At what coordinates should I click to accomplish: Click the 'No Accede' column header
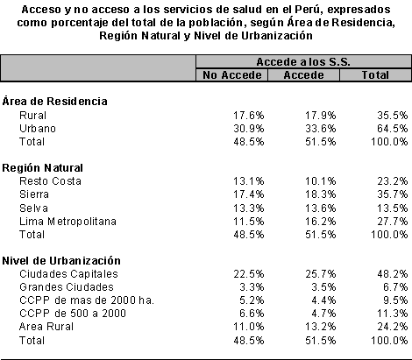coord(232,75)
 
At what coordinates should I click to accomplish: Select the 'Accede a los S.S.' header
coord(303,62)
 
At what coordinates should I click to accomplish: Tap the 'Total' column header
coord(375,75)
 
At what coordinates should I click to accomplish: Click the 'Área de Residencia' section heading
coord(54,101)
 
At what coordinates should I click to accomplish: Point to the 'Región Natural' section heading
coord(42,168)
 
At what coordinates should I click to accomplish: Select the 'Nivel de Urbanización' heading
coord(61,260)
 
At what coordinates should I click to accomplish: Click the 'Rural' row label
coord(32,116)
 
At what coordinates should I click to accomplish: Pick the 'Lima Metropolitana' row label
coord(67,222)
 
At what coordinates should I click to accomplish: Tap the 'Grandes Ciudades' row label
coord(67,287)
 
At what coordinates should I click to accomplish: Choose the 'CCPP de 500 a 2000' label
coord(73,314)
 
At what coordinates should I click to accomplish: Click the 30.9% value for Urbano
coord(249,129)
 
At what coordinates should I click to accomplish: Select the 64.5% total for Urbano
coord(393,129)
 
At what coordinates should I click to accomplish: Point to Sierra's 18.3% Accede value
coord(321,194)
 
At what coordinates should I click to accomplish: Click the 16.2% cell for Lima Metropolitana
coord(321,222)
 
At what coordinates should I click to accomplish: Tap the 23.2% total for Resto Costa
coord(393,181)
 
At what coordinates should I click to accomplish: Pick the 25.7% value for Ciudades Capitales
coord(321,274)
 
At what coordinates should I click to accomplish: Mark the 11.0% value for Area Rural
coord(249,327)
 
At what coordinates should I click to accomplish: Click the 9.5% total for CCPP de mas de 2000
coord(395,300)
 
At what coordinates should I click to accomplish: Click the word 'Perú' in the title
coord(308,10)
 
